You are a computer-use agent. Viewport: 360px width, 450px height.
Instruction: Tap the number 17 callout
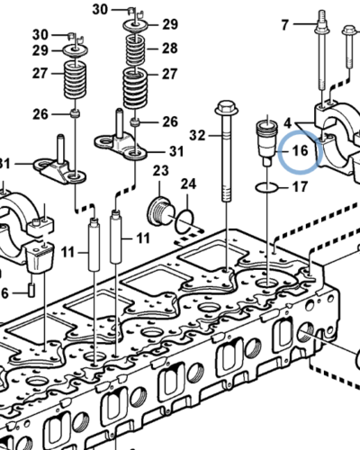[x=301, y=188]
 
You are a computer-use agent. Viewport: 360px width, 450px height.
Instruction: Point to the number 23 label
[x=161, y=170]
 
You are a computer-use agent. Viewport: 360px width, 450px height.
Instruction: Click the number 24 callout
[x=188, y=184]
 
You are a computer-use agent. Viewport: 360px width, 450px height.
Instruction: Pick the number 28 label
[x=170, y=48]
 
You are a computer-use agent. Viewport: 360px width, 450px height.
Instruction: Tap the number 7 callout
[x=285, y=23]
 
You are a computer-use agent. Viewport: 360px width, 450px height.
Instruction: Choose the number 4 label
[x=287, y=121]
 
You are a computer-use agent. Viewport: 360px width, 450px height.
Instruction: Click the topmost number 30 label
[x=125, y=9]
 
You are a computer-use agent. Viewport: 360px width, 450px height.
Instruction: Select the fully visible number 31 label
[x=176, y=150]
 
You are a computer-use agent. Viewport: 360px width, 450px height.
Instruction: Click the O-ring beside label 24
[x=184, y=218]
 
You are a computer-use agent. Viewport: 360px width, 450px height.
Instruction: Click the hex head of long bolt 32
[x=223, y=112]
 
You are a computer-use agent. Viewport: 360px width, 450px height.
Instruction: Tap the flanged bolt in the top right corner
[x=349, y=40]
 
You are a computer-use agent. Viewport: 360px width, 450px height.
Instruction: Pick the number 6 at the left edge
[x=4, y=292]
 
